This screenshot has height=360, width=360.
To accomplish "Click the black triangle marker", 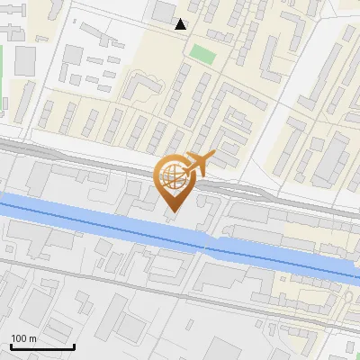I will coord(181,24).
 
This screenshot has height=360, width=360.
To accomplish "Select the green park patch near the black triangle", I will coord(203,53).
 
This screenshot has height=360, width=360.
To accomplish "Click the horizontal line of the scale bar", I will coord(41,346).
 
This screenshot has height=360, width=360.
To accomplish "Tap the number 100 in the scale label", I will coord(19,338).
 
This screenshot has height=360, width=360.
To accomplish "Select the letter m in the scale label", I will coord(31,339).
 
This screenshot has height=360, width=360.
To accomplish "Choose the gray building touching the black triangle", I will coord(165,12).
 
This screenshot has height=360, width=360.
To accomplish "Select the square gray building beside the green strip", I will coord(25,60).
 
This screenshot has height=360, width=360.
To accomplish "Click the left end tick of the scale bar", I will coord(10,345).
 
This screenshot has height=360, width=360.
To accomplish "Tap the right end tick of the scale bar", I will coord(74,345).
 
